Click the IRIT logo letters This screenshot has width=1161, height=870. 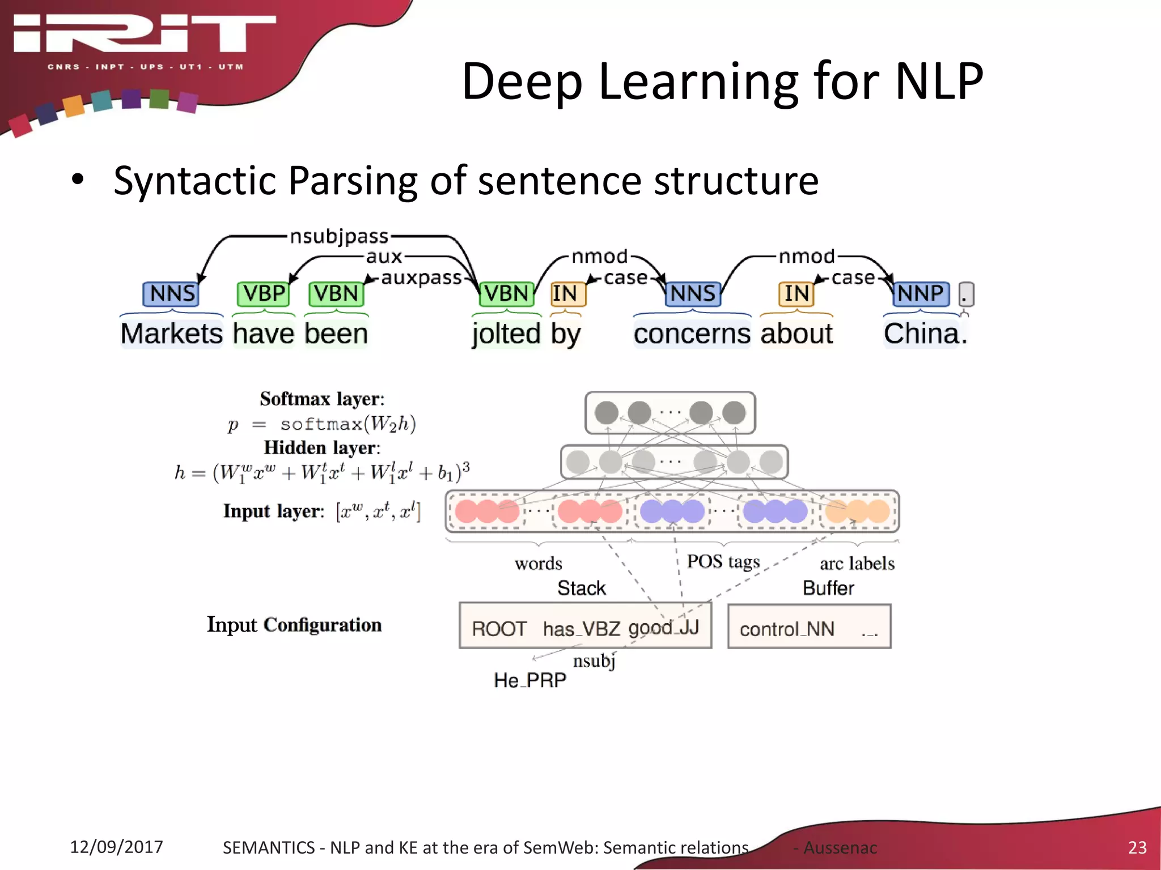click(x=145, y=34)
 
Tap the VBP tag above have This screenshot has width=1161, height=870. click(x=264, y=293)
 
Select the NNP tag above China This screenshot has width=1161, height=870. click(x=920, y=293)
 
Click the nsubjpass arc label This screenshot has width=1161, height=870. click(x=339, y=236)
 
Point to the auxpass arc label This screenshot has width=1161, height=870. click(x=421, y=278)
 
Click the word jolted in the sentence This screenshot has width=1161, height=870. click(x=506, y=333)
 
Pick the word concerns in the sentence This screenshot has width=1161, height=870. click(x=692, y=333)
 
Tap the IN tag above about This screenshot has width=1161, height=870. click(x=796, y=293)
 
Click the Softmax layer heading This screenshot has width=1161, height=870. click(x=322, y=399)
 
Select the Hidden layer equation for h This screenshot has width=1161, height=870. click(x=322, y=472)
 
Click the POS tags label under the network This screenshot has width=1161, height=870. click(x=723, y=561)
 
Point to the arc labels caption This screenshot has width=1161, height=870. click(x=857, y=564)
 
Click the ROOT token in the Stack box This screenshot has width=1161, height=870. click(x=499, y=629)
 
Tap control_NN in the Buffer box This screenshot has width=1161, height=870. click(x=787, y=629)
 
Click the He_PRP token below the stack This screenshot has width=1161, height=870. click(x=529, y=680)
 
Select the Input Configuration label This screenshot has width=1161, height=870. click(x=294, y=624)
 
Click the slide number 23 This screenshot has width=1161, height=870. click(x=1137, y=847)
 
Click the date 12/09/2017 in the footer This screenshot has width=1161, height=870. click(x=116, y=847)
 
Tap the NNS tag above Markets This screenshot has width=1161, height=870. click(x=172, y=293)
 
